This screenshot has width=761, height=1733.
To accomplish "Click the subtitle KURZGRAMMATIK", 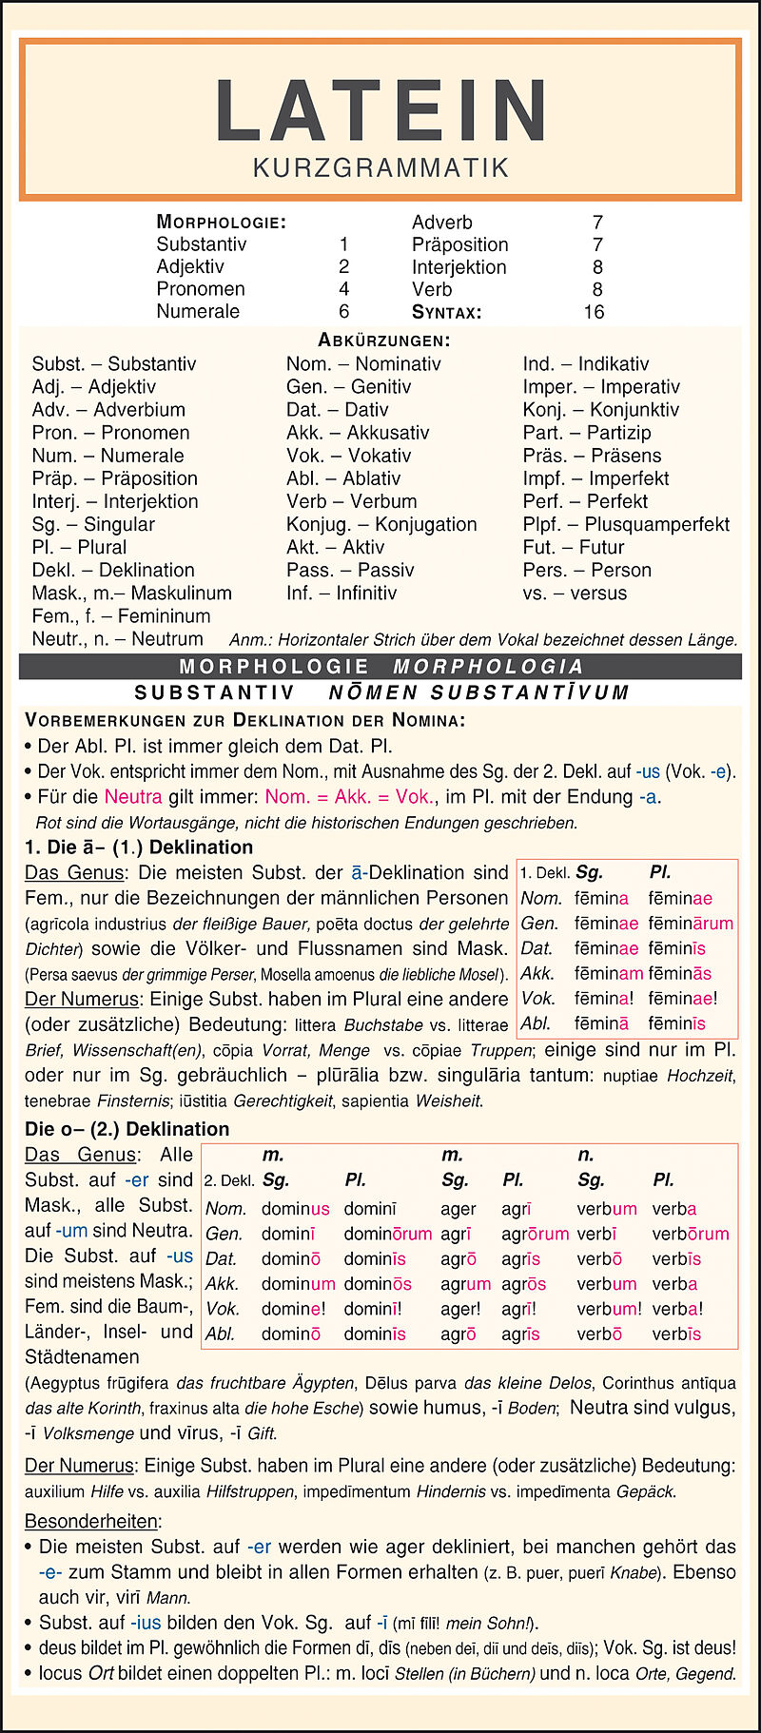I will click(380, 168).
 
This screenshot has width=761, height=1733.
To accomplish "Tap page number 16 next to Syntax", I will click(594, 312).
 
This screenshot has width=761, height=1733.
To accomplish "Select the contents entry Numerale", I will click(198, 311).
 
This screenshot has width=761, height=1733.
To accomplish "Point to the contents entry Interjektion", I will click(459, 267).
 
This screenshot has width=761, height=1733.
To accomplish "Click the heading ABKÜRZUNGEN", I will click(384, 341).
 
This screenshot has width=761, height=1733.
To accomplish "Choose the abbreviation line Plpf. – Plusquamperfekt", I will click(626, 524).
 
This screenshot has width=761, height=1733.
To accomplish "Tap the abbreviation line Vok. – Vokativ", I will click(348, 456).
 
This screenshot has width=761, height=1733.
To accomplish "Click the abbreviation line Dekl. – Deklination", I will click(113, 570).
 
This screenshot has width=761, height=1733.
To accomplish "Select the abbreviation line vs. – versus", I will click(575, 593).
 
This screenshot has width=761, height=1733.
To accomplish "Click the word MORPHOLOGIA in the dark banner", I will click(488, 666).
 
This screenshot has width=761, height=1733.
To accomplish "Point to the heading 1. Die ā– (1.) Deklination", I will click(139, 847).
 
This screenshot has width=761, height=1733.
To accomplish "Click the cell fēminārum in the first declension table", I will click(691, 923).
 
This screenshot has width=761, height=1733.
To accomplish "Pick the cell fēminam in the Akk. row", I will click(609, 973).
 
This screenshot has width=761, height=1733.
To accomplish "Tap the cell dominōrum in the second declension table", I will click(387, 1234).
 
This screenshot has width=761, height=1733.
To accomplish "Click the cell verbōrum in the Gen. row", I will click(691, 1234).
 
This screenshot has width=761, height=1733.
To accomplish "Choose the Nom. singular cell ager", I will click(458, 1209).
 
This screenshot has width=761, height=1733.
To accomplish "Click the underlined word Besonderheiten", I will click(93, 1521).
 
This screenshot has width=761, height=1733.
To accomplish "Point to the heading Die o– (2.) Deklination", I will click(127, 1129).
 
